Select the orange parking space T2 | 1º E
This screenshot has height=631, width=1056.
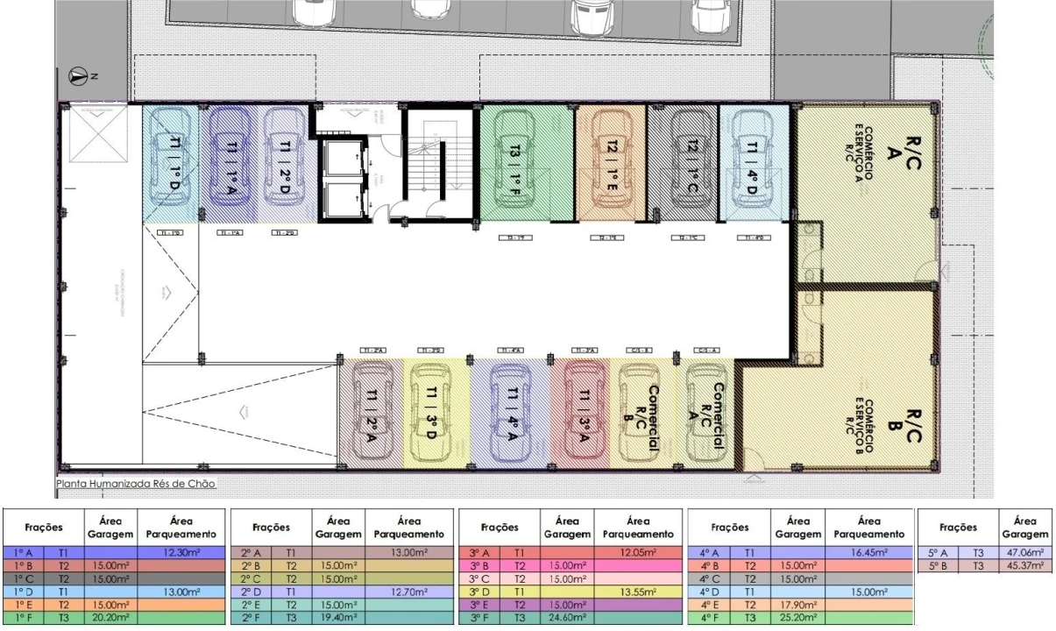pyautogui.click(x=611, y=162)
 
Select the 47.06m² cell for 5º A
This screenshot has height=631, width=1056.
pyautogui.click(x=1031, y=553)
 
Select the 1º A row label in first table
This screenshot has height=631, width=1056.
pyautogui.click(x=25, y=553)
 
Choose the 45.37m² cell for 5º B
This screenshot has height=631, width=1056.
pyautogui.click(x=1031, y=565)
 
